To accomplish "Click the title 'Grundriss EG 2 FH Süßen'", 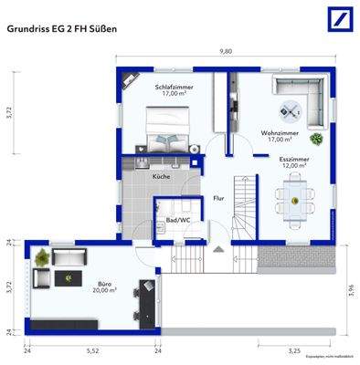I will coord(61,28).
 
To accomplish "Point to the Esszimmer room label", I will coord(294,162).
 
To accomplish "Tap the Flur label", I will coord(218,197).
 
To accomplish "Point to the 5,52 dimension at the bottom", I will coord(92,350).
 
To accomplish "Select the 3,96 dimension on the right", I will coord(347,290).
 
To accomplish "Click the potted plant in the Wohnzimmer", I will coord(316,140).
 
